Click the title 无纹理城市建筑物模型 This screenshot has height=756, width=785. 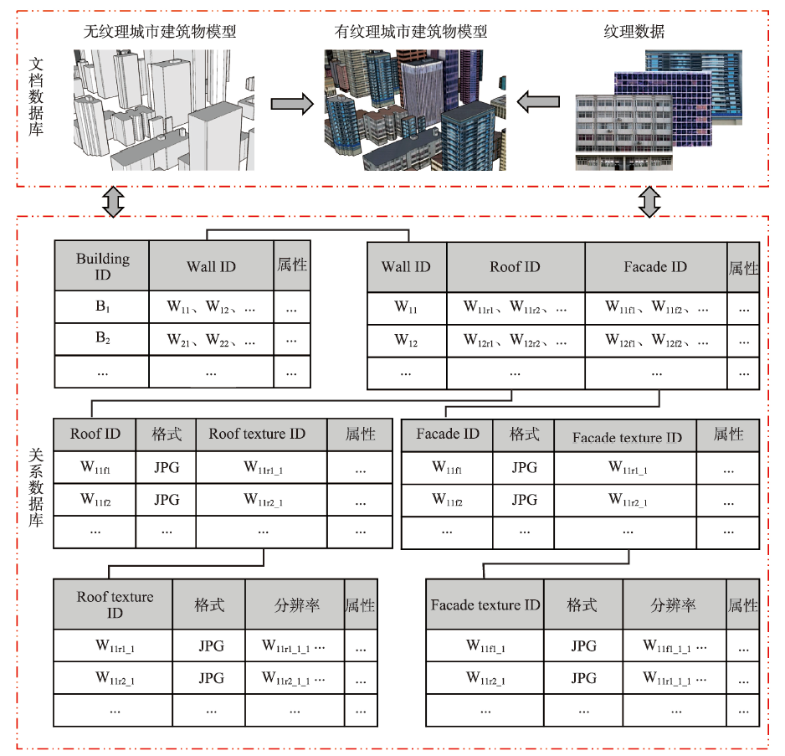(x=159, y=32)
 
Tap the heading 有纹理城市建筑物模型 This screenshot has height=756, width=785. (x=411, y=32)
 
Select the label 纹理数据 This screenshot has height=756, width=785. (x=634, y=32)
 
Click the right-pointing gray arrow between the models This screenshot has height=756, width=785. (x=292, y=104)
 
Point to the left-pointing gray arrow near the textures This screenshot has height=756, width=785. (x=538, y=101)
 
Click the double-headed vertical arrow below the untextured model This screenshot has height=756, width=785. (x=113, y=202)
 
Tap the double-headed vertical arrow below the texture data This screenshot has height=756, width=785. (x=649, y=202)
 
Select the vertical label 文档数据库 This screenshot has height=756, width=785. (x=36, y=96)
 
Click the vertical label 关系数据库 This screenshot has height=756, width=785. (x=36, y=487)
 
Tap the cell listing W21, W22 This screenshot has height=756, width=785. (x=211, y=339)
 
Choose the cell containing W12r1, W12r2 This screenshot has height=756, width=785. (x=516, y=342)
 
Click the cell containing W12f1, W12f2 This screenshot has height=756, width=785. (x=656, y=342)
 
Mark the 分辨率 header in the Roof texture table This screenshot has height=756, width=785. (x=295, y=604)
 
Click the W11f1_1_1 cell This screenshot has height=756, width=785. (x=675, y=645)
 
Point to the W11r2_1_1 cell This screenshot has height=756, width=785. (x=295, y=678)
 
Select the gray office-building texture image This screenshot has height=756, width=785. (x=623, y=133)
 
